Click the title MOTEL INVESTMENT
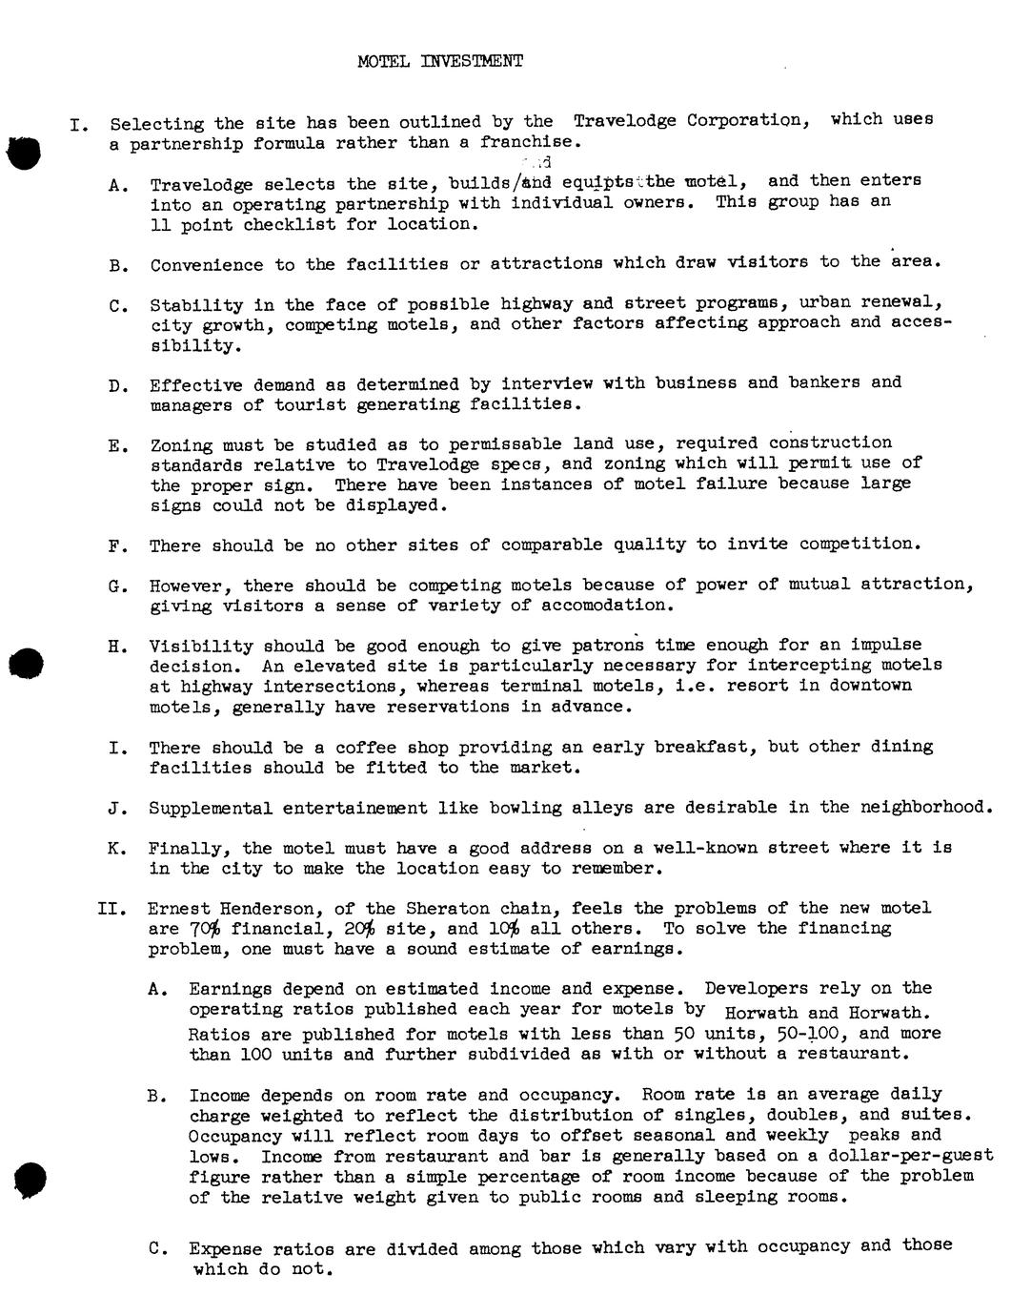[x=439, y=62]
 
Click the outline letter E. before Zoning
[x=117, y=445]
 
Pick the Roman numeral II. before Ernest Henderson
[x=111, y=909]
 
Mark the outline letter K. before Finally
[x=117, y=849]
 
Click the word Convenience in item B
[x=206, y=264]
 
